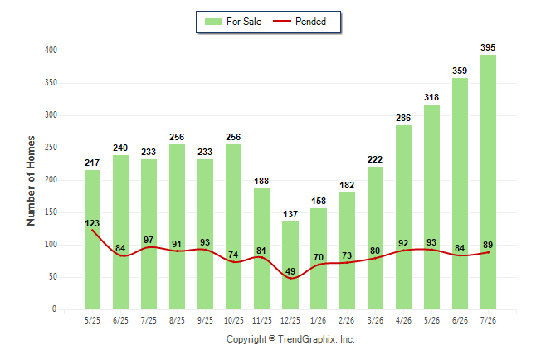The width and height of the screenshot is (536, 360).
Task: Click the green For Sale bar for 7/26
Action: click(x=488, y=182)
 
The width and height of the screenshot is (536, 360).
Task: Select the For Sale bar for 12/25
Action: click(x=290, y=265)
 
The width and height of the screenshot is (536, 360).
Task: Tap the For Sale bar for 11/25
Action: click(x=262, y=249)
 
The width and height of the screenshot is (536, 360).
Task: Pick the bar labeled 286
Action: click(x=403, y=217)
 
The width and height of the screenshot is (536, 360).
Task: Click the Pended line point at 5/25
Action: click(x=92, y=231)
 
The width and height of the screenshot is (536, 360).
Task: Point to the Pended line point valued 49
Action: click(x=290, y=278)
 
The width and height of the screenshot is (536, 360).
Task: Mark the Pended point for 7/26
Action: click(x=488, y=252)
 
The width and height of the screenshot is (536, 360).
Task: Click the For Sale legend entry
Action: click(x=233, y=22)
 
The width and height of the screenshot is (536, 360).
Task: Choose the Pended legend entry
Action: click(x=300, y=22)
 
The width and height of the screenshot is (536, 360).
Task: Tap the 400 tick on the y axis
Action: click(x=51, y=51)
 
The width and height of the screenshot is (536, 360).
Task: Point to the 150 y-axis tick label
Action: click(x=51, y=212)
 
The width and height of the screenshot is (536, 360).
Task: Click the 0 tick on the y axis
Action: click(x=54, y=309)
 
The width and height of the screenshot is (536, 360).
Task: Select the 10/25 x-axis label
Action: click(x=233, y=320)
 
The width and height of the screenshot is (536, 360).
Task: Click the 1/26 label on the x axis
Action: click(x=319, y=320)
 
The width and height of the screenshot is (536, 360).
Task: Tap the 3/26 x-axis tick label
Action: click(x=375, y=320)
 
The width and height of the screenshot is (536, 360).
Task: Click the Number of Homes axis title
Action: click(x=31, y=181)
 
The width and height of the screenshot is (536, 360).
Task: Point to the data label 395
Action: click(x=488, y=47)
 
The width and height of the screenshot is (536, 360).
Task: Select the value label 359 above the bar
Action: click(x=460, y=71)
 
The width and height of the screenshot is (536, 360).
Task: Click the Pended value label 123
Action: click(x=92, y=223)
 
